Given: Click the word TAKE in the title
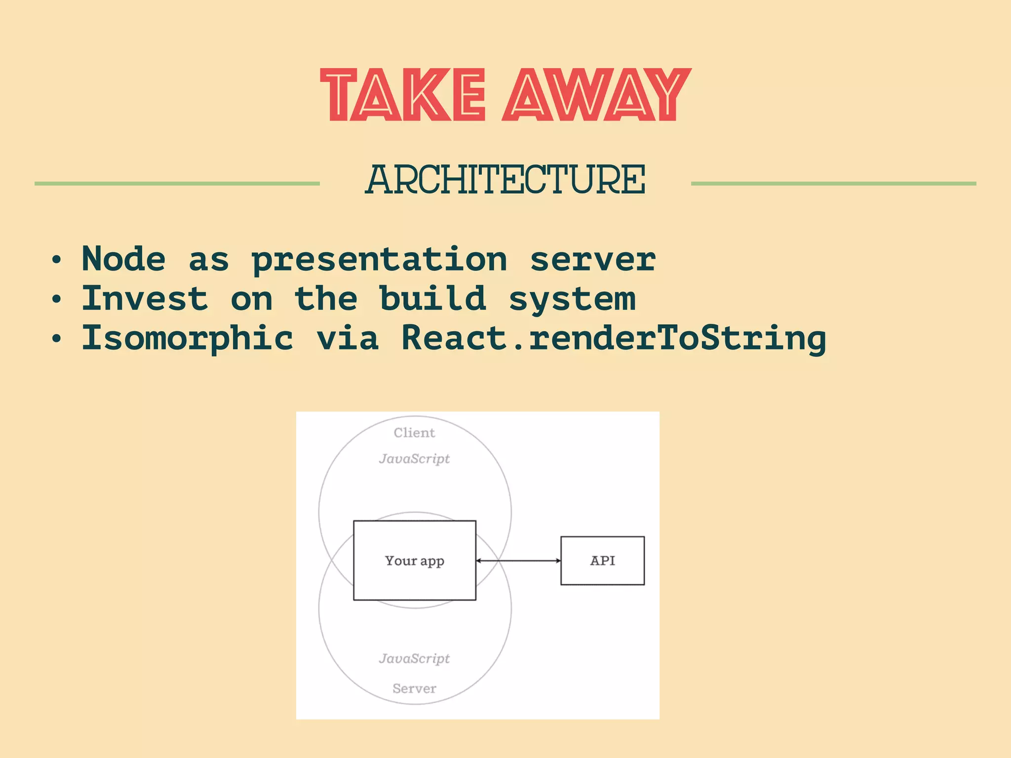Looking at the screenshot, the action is [403, 95].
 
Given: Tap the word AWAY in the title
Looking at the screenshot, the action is [596, 95].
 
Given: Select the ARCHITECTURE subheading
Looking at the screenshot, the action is [505, 180].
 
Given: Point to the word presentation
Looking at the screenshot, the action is [379, 260].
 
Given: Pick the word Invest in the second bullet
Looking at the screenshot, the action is [145, 299].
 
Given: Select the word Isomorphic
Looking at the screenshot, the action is [188, 339].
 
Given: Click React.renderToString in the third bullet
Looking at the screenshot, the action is [614, 339].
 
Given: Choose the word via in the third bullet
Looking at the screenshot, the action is [348, 338].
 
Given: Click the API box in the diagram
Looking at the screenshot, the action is [602, 561].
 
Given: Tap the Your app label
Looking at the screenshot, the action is [415, 561].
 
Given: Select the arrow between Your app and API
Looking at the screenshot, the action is [518, 561].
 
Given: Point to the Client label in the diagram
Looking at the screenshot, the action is [414, 433].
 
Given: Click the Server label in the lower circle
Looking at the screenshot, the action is [414, 688].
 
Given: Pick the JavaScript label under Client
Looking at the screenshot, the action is [414, 459].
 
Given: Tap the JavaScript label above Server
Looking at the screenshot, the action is [414, 659].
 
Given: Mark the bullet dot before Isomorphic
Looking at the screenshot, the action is [57, 339].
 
